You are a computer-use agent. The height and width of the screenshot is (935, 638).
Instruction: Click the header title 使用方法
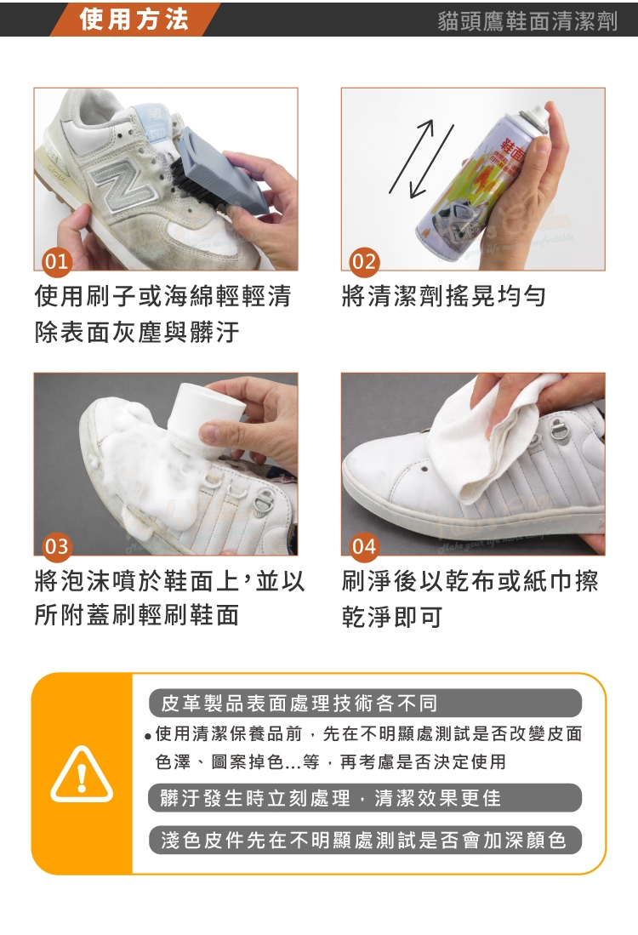pos(134,19)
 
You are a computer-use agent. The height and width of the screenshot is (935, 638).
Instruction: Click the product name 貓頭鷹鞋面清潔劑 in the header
pos(527,21)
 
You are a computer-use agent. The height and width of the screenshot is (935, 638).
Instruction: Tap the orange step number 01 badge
pos(57,261)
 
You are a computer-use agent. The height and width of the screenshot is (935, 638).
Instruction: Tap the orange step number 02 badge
pos(364,261)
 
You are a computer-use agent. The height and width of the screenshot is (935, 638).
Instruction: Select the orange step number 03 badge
pos(57,546)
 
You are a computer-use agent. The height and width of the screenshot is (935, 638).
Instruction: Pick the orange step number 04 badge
pos(364,546)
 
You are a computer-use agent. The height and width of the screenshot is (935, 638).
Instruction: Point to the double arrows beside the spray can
pos(422,159)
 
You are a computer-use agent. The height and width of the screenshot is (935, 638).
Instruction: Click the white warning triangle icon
pos(82,774)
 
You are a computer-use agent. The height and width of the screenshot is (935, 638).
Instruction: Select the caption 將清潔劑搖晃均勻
pos(443,296)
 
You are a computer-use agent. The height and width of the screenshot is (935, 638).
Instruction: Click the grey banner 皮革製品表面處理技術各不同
pos(365,703)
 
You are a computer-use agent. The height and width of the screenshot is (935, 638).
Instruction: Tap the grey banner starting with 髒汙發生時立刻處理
pos(365,798)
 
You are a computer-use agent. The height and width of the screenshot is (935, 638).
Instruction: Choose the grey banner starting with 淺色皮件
pos(365,841)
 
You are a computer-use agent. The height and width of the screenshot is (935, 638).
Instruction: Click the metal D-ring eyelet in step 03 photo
pos(261,504)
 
